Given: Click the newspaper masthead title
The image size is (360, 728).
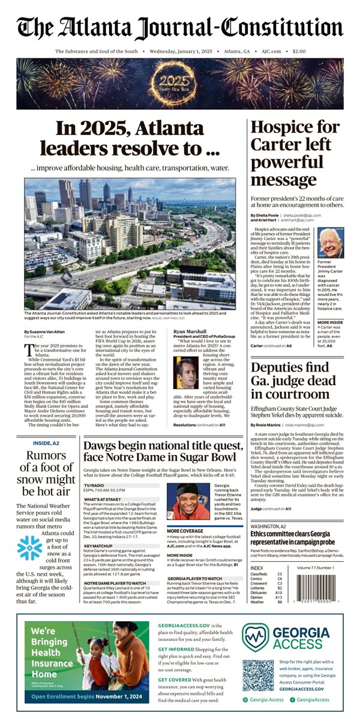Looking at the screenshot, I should [180, 26].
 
